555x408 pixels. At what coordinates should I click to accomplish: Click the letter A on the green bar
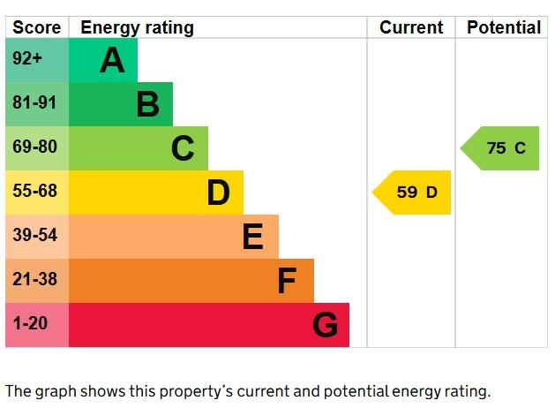point(112,61)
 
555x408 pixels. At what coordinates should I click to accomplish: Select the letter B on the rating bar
point(147,105)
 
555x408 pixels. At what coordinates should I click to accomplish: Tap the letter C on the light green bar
point(183,148)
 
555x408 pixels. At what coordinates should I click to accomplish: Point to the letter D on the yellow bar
point(218,193)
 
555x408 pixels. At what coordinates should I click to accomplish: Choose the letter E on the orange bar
point(252,237)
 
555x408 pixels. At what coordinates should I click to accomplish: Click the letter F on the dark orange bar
point(287,281)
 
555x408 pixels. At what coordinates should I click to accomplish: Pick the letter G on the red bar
point(325,326)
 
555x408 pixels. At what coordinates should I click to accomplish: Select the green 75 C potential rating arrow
point(501,148)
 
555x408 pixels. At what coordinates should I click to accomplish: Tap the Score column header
point(37,27)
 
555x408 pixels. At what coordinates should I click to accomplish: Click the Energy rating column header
point(137,27)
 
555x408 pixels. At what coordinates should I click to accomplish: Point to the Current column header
point(411,27)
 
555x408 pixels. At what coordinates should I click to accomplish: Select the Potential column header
point(504,27)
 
